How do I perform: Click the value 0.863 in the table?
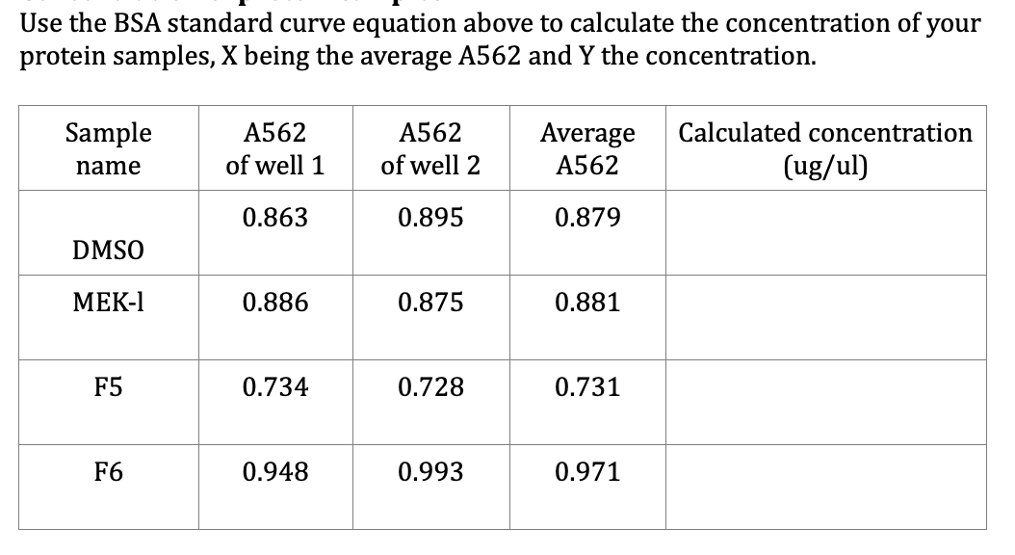tap(274, 218)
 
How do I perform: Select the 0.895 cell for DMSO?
tap(430, 218)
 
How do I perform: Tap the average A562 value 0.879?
tap(586, 218)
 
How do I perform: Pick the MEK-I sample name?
tap(108, 303)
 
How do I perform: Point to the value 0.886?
tap(274, 303)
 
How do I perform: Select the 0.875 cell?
tap(430, 303)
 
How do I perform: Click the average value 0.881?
tap(586, 303)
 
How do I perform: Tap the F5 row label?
tap(108, 387)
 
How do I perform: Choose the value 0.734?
tap(274, 387)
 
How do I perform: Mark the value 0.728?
tap(430, 387)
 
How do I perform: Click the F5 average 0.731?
tap(586, 387)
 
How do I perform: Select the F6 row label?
tap(108, 472)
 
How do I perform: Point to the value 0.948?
tap(274, 472)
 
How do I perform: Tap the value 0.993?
tap(430, 472)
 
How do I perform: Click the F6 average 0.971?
tap(586, 472)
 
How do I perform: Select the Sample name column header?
tap(108, 148)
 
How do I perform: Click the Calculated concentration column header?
tap(825, 148)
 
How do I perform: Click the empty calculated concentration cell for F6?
tap(825, 486)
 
